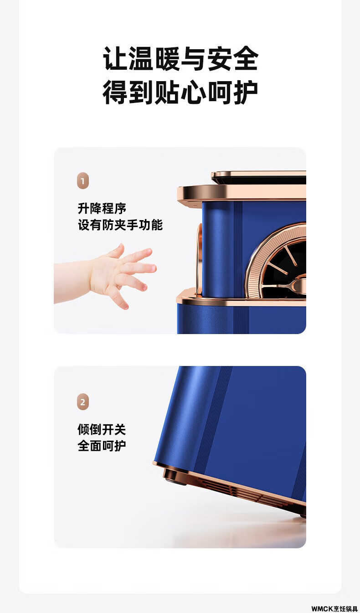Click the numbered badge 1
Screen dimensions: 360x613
(x=83, y=180)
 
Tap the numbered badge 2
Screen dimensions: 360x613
(x=83, y=402)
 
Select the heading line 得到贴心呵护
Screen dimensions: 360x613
(x=180, y=92)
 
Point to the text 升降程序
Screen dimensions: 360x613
(x=102, y=208)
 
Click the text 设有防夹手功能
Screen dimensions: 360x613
(x=120, y=225)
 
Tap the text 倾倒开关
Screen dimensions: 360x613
(x=102, y=429)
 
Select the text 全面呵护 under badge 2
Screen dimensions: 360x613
(x=102, y=446)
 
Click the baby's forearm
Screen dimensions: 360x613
(x=72, y=281)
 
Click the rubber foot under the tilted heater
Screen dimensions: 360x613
(x=175, y=477)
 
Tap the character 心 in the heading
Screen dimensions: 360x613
(x=193, y=92)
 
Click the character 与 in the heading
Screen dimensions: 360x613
(x=193, y=58)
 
